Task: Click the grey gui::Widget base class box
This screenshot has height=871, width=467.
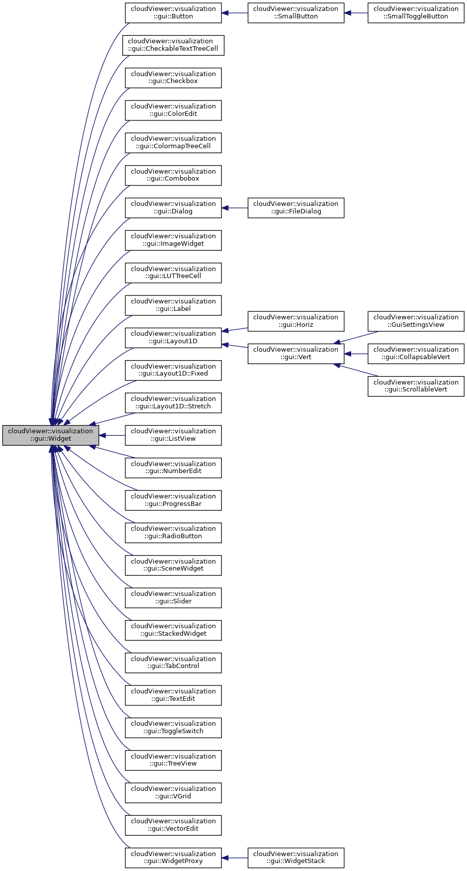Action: [50, 435]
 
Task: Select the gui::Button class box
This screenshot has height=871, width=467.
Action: [173, 13]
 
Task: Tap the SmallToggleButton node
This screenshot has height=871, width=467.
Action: [416, 13]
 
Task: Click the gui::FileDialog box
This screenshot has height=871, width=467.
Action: [296, 208]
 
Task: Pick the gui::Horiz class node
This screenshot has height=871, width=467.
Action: [296, 321]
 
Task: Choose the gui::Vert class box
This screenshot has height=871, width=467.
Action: [296, 354]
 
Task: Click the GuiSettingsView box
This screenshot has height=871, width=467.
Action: [416, 321]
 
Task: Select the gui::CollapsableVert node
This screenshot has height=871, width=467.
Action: [416, 354]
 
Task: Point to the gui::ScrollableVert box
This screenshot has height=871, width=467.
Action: [416, 386]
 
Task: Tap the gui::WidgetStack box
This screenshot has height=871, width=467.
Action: [296, 858]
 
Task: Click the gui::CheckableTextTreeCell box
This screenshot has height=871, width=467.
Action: [173, 45]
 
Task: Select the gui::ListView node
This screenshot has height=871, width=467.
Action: [173, 435]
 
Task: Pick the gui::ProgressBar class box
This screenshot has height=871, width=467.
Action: [173, 500]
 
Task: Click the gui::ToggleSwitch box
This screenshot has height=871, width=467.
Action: [173, 728]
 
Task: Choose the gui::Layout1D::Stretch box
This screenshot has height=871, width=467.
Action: [173, 403]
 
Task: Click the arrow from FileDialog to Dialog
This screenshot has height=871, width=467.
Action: [235, 208]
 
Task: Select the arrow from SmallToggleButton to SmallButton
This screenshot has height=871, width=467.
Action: [356, 13]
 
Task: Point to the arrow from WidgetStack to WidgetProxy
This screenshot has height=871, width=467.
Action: [235, 858]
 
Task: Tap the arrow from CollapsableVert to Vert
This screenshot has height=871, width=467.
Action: [356, 354]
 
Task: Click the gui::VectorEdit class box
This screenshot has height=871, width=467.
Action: [173, 825]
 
